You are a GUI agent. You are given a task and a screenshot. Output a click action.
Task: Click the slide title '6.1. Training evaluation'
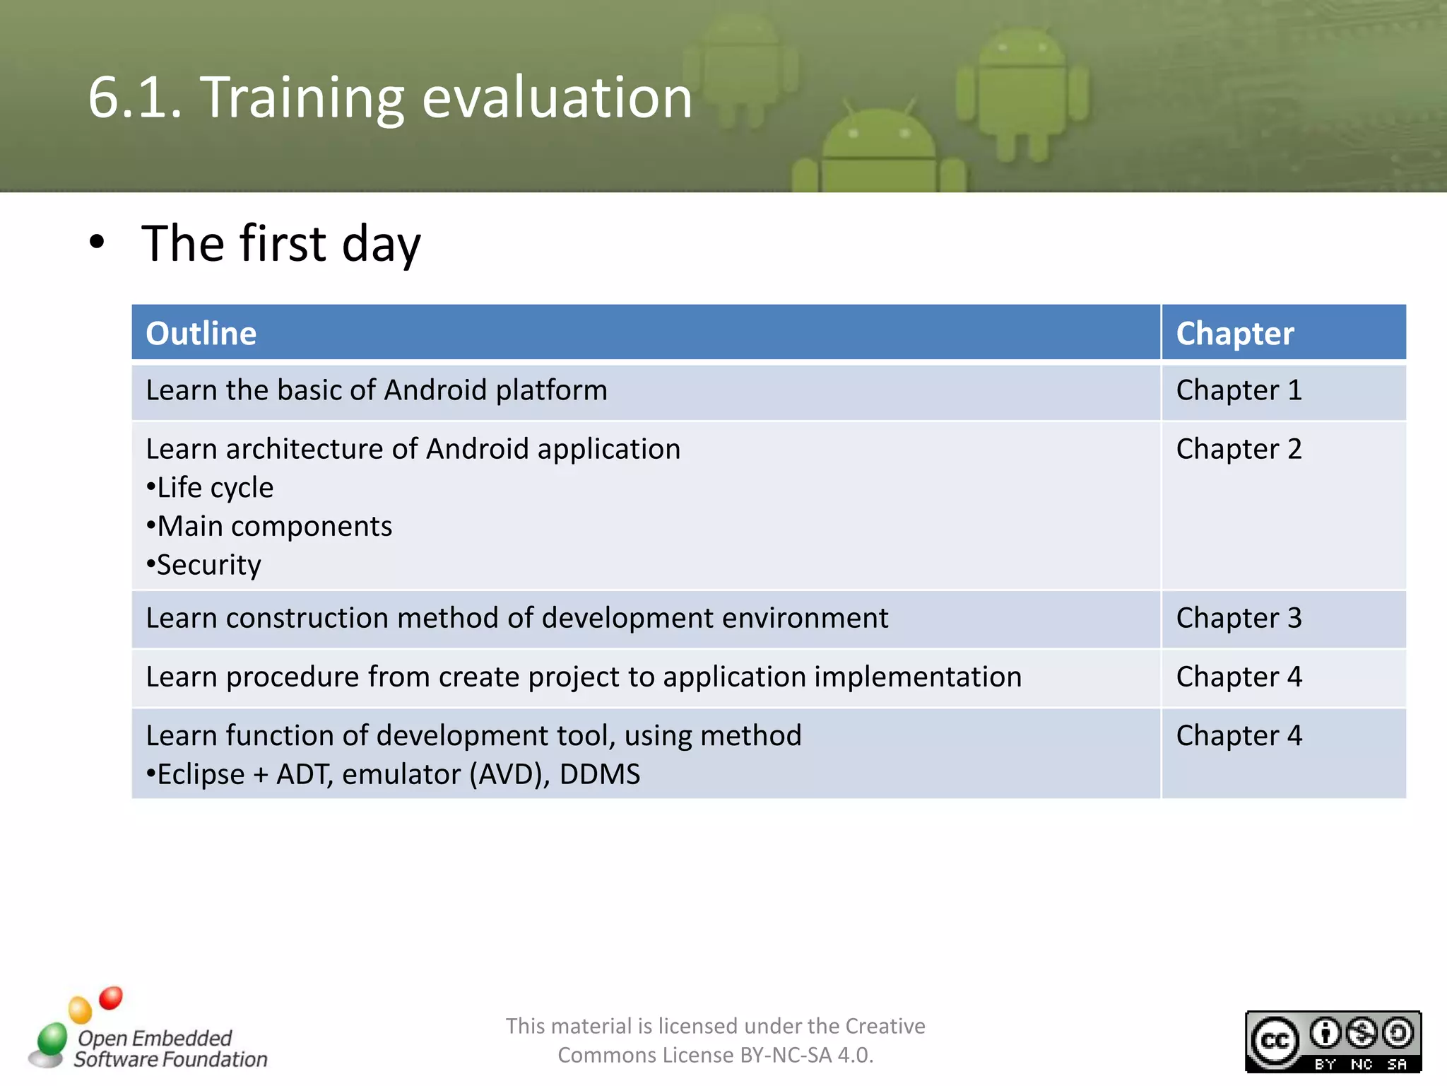(x=390, y=98)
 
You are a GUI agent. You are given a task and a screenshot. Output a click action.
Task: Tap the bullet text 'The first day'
(x=280, y=244)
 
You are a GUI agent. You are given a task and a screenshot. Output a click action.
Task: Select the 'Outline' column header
(x=201, y=333)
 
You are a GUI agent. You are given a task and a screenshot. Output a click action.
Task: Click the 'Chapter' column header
(x=1234, y=333)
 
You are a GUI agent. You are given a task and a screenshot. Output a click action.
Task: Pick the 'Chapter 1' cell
(x=1239, y=390)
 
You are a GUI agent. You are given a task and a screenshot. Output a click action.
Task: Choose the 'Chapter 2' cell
(x=1239, y=449)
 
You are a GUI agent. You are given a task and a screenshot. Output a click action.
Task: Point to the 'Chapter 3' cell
(x=1239, y=618)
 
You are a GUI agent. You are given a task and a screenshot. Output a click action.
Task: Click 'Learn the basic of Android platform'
(x=377, y=390)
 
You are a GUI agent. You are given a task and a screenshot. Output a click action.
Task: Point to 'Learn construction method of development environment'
(x=516, y=618)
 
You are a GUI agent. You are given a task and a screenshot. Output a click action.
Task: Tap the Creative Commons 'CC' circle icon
(x=1275, y=1041)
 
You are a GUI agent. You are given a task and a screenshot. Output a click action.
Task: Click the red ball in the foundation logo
(x=111, y=998)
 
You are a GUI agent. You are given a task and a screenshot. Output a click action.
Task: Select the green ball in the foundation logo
(x=52, y=1039)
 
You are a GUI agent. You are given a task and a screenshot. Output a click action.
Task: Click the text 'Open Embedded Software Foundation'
(x=170, y=1049)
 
